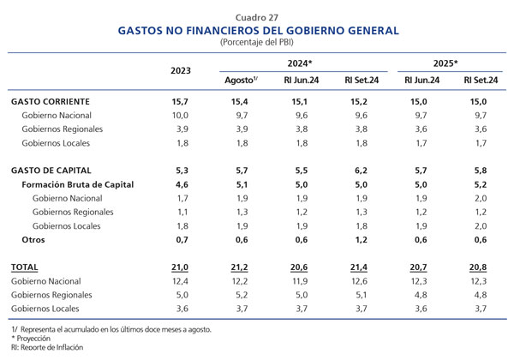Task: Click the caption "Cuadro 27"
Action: [257, 17]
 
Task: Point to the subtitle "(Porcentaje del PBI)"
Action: [257, 42]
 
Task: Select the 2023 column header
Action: [180, 71]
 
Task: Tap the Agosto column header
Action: [241, 80]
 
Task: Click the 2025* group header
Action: [445, 63]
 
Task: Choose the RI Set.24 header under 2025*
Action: [481, 81]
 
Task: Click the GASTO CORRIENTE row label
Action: [51, 102]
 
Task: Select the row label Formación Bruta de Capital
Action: [78, 184]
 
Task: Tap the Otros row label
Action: [33, 240]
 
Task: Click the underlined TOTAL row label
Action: [24, 267]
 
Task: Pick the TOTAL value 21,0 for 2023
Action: [180, 267]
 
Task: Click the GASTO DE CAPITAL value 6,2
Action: [359, 171]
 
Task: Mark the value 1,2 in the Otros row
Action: [361, 240]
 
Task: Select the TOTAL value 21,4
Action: [359, 267]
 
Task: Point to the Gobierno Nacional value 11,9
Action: [299, 281]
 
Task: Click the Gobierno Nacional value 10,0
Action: [180, 116]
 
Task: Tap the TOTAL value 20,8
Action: [478, 267]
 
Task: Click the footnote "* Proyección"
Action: [31, 339]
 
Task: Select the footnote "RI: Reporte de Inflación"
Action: [47, 347]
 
